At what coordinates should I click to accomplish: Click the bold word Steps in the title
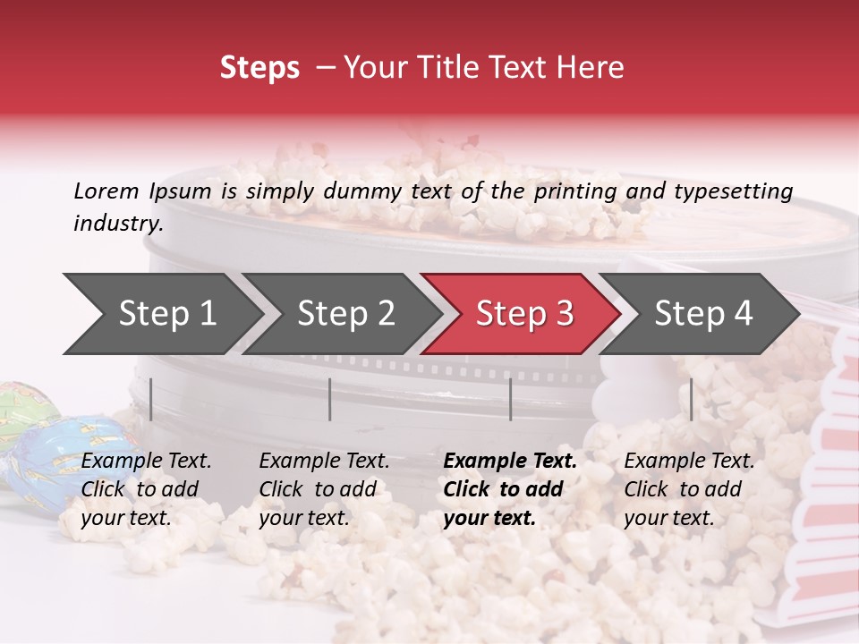tap(259, 68)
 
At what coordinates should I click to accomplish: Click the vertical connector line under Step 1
tap(151, 399)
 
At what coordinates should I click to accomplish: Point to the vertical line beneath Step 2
tap(330, 399)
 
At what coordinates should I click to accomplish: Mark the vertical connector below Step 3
tap(510, 399)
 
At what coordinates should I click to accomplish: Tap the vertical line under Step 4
tap(691, 399)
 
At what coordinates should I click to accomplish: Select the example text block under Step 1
tap(146, 489)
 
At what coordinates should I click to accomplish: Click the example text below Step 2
tap(324, 489)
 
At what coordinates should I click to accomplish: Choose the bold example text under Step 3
tap(510, 489)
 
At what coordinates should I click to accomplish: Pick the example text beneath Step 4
tap(689, 489)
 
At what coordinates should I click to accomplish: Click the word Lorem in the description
tap(106, 191)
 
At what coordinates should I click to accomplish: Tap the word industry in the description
tap(117, 224)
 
